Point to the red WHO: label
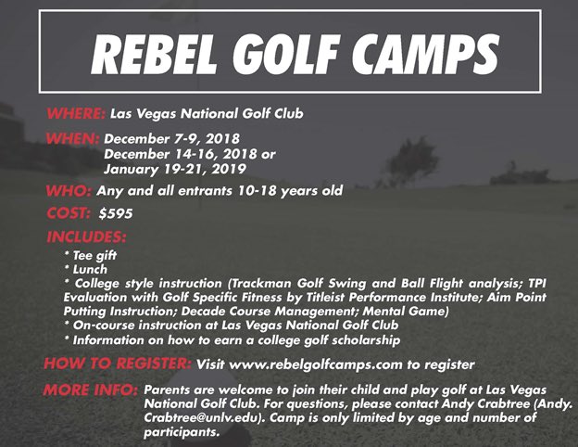(x=69, y=191)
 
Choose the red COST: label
(x=69, y=213)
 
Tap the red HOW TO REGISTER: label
(x=118, y=364)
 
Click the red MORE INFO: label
(x=92, y=390)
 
